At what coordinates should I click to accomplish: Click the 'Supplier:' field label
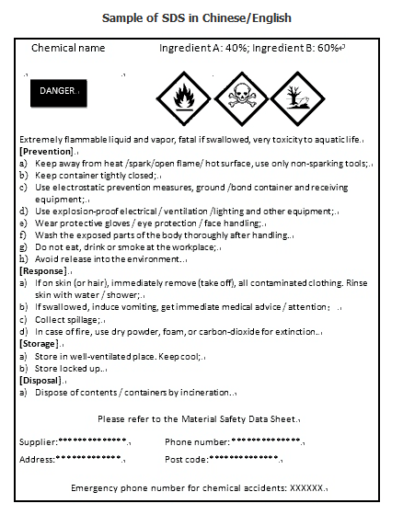[38, 441]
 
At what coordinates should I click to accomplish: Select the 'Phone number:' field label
[197, 441]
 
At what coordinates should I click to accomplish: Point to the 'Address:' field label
[37, 458]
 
